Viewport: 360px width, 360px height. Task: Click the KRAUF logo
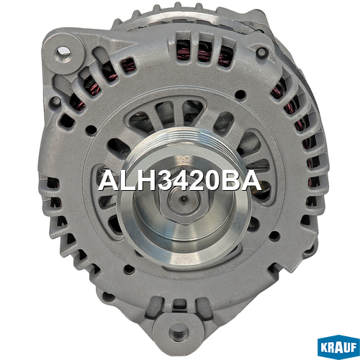pos(338,347)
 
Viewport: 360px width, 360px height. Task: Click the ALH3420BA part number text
pos(179,181)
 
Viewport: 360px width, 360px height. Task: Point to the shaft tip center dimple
pos(184,199)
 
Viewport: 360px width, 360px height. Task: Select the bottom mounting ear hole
pos(179,332)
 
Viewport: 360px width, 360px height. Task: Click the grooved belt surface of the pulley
pos(182,142)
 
